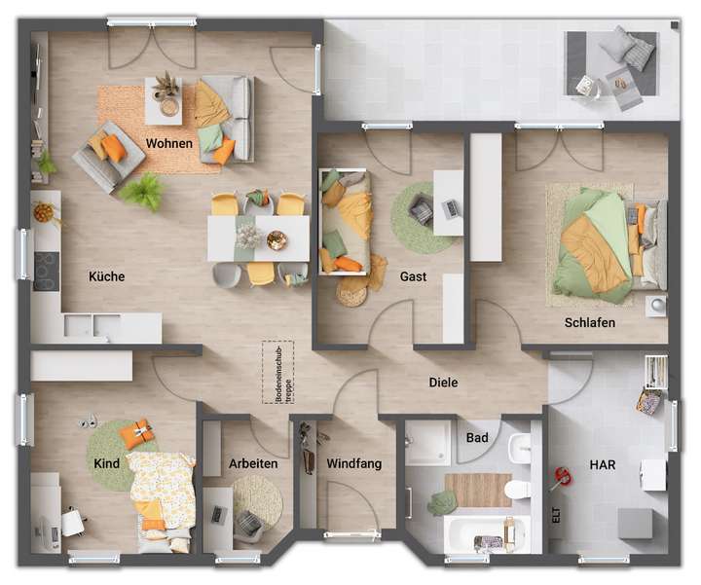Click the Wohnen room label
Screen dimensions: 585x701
point(169,144)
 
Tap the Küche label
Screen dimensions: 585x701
point(106,276)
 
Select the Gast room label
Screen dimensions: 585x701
point(413,277)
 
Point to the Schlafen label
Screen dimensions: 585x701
point(589,322)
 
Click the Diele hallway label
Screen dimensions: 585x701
point(443,383)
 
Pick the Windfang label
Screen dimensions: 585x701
point(353,464)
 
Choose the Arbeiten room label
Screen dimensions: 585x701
point(252,464)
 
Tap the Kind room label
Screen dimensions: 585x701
point(107,464)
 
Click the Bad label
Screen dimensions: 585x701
point(477,439)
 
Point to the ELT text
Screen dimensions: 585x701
point(557,516)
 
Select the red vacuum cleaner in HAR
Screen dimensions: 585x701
point(563,476)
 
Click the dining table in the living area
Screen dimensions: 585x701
point(258,238)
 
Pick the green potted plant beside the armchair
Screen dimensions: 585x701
point(144,190)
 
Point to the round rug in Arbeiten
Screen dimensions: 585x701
point(256,499)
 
